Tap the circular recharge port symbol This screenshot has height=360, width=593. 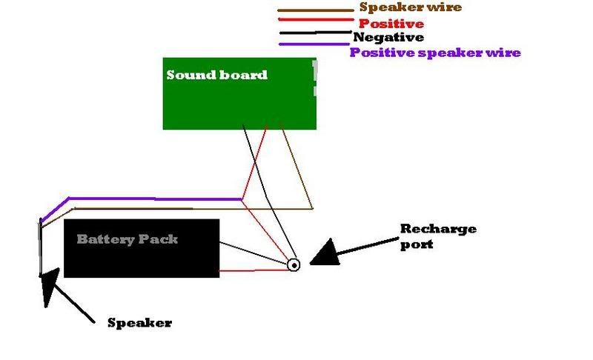pyautogui.click(x=294, y=264)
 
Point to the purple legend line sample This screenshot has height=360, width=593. pyautogui.click(x=313, y=46)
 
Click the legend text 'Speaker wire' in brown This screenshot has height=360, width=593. pyautogui.click(x=410, y=8)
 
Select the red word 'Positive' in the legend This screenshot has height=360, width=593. pyautogui.click(x=391, y=24)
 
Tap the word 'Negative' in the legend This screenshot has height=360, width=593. pyautogui.click(x=388, y=37)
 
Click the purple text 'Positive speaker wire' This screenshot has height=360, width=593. pyautogui.click(x=435, y=53)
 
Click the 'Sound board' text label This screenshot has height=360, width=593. pyautogui.click(x=216, y=75)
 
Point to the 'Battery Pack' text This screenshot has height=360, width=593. pyautogui.click(x=127, y=240)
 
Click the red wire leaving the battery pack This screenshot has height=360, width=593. pyautogui.click(x=252, y=271)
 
